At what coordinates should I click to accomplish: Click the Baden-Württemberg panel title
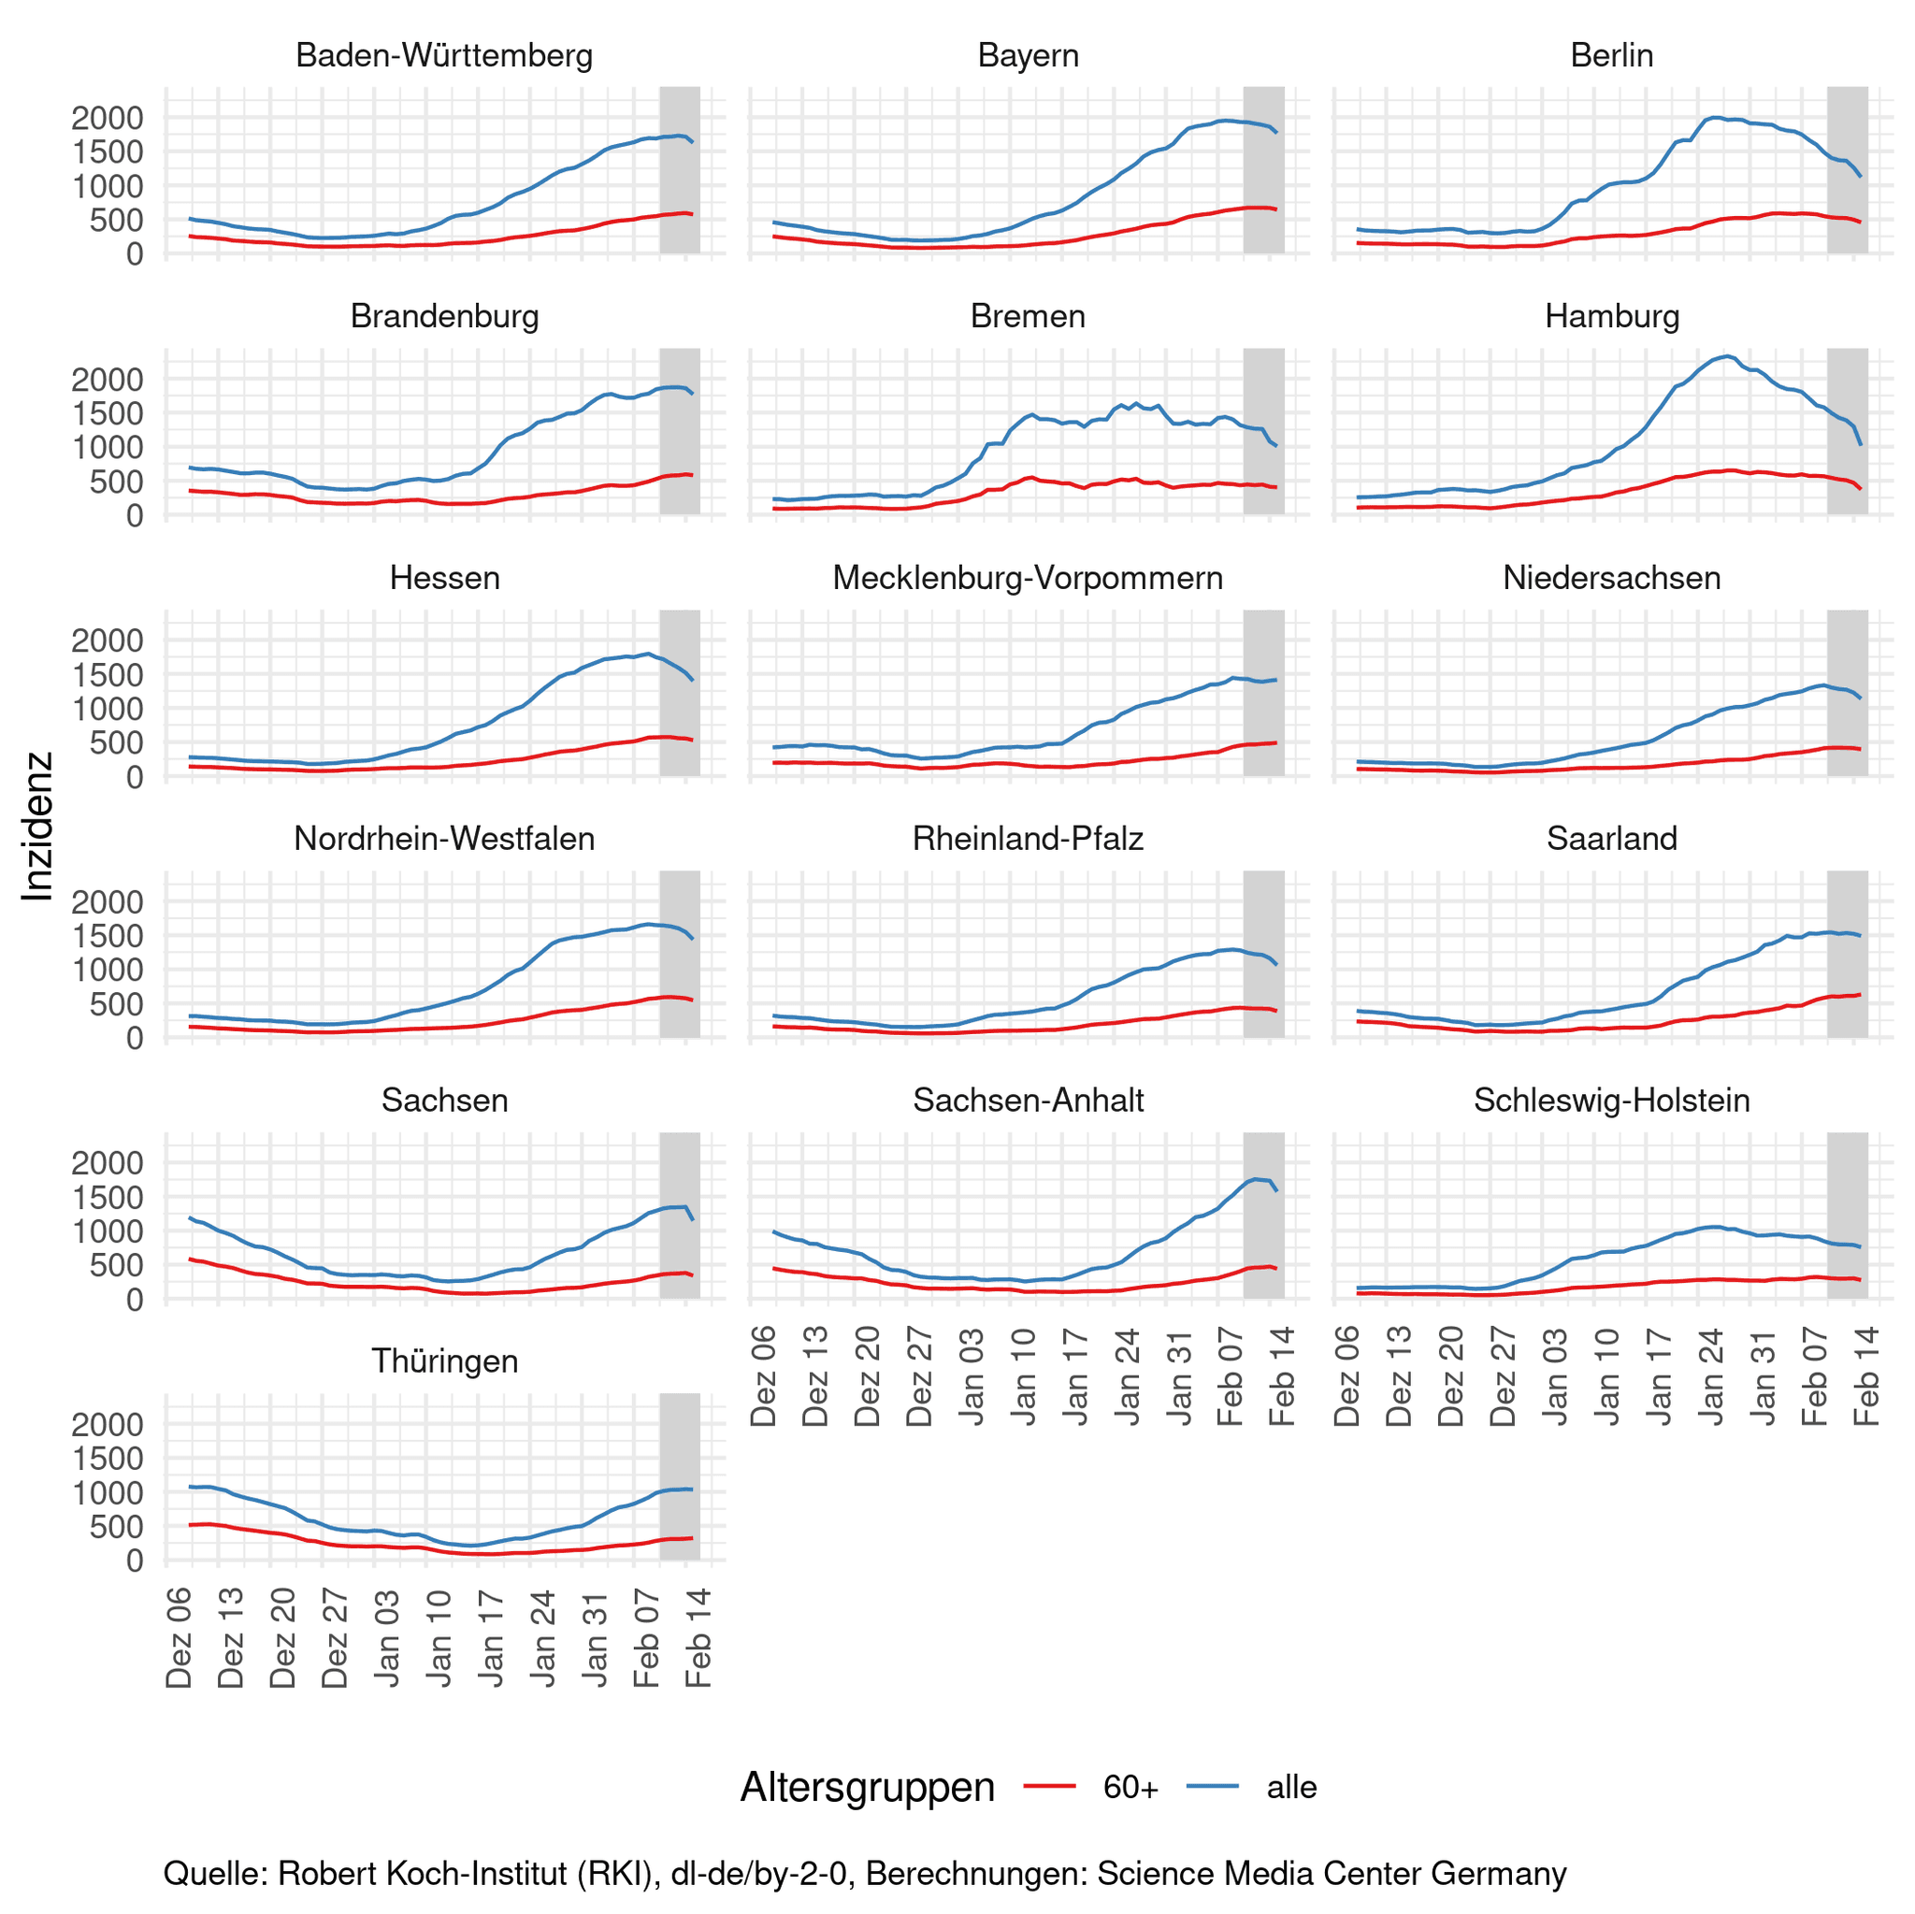point(444,55)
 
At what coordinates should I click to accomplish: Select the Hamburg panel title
point(1612,316)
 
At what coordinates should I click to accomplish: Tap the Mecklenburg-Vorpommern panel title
point(1028,578)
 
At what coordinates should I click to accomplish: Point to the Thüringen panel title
point(444,1360)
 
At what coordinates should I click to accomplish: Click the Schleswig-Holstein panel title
point(1612,1101)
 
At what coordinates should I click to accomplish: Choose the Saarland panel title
point(1612,839)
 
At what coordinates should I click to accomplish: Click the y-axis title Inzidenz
point(37,826)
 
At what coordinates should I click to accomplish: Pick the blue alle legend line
point(1211,1787)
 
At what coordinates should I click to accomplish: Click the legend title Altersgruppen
point(868,1787)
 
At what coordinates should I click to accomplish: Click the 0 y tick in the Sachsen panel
point(135,1300)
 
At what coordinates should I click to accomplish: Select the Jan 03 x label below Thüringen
point(387,1638)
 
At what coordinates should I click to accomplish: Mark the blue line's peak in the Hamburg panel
point(1728,356)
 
